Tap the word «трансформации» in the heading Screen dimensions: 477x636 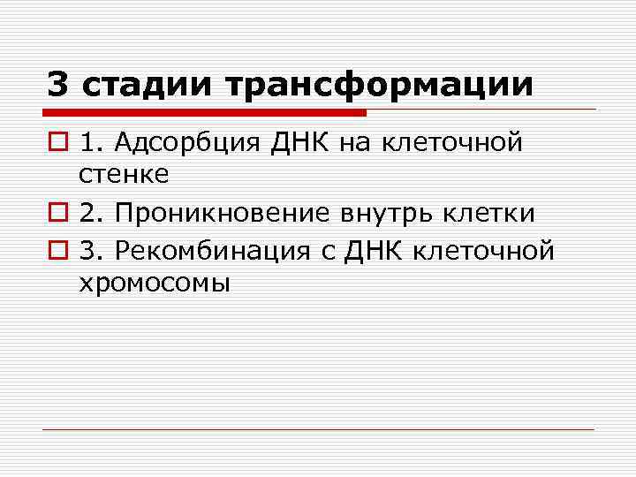click(x=381, y=86)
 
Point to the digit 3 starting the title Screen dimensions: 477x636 click(x=57, y=86)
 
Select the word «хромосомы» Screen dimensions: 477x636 click(x=154, y=284)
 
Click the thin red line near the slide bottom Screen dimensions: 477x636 click(x=318, y=430)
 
